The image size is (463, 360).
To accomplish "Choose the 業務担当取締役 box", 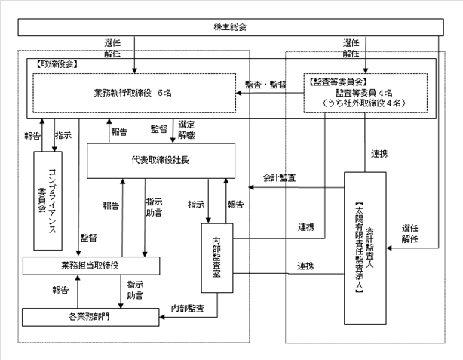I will (90, 266).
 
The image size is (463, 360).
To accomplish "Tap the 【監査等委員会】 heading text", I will (337, 79).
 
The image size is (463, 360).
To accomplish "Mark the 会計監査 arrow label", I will (279, 178).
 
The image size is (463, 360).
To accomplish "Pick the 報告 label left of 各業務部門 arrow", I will (61, 289).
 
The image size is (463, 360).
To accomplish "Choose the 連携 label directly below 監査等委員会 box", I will (379, 154).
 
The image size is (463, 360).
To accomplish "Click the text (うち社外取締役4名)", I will (366, 101).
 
